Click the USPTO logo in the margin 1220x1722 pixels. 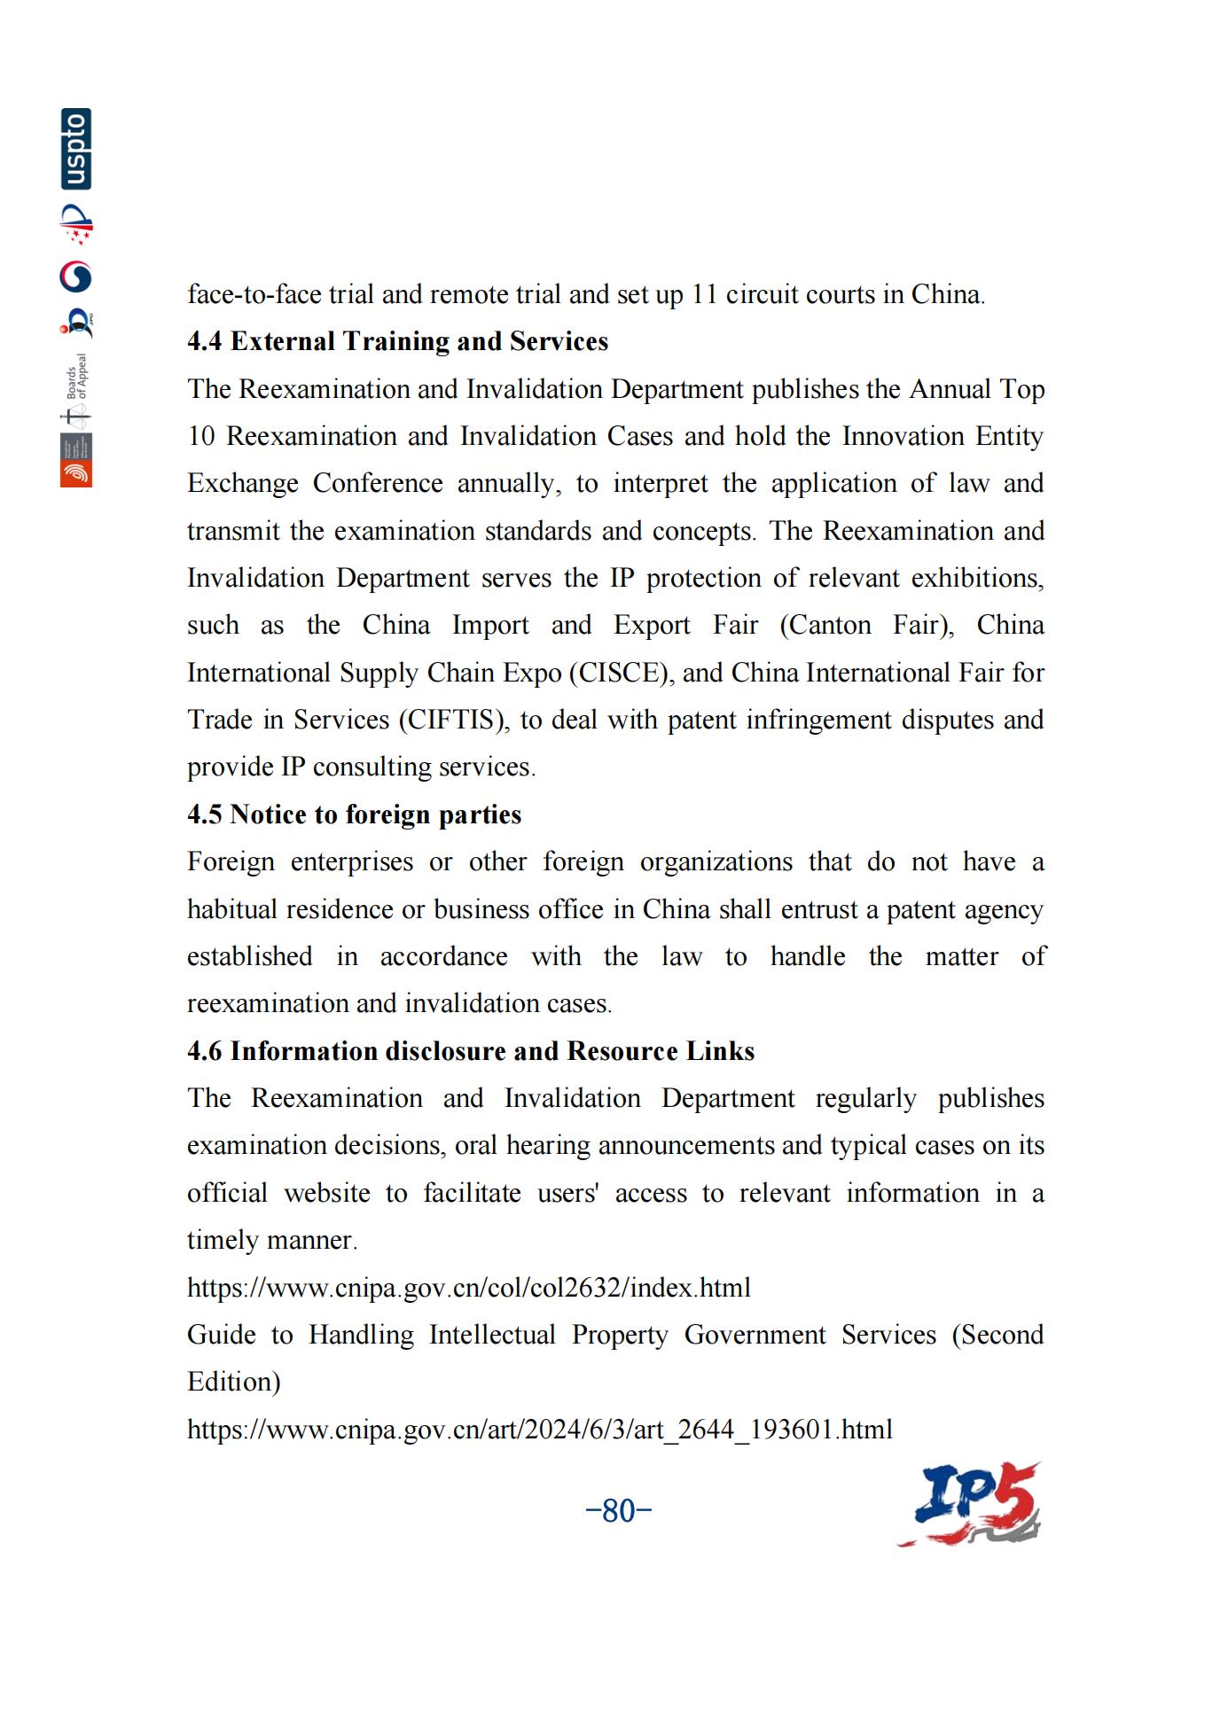[76, 149]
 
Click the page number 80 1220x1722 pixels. [619, 1510]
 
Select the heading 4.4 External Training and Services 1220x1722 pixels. [397, 341]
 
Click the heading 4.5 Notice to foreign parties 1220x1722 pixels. [354, 814]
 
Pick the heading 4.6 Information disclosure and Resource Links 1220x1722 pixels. [470, 1051]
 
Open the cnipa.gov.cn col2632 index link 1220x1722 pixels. [468, 1287]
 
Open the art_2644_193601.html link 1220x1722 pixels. [539, 1429]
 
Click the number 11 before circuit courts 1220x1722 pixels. [704, 294]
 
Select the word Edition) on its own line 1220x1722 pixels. [233, 1382]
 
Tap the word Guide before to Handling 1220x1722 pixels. [221, 1335]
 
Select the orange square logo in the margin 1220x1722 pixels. [76, 473]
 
